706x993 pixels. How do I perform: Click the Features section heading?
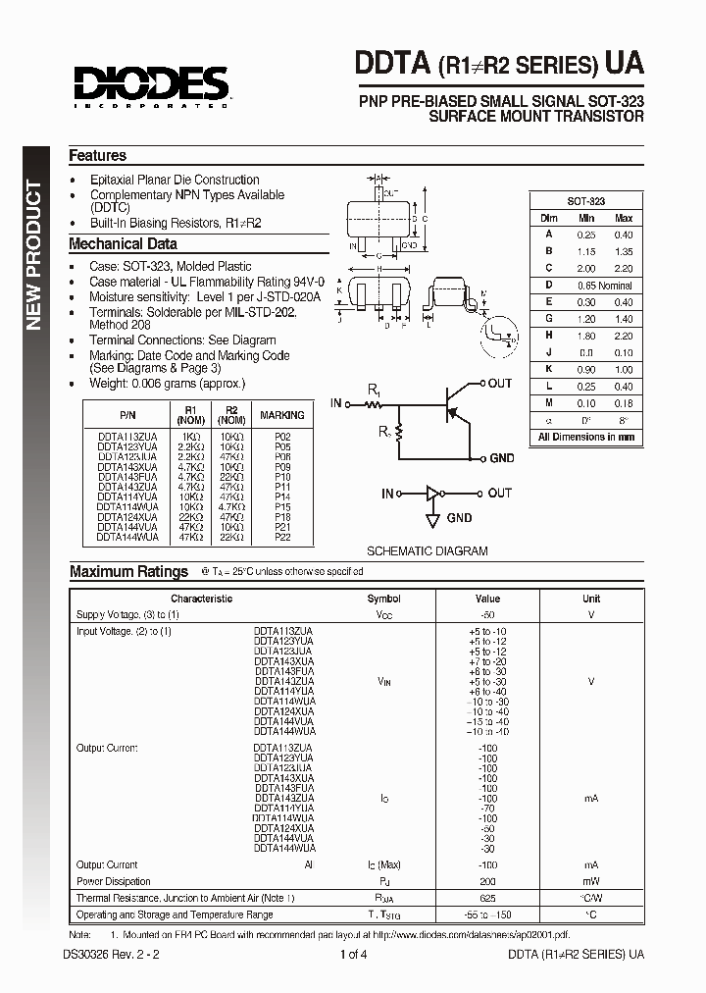tap(97, 156)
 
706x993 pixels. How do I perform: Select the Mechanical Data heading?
tap(123, 244)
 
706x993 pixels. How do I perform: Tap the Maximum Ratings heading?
tap(128, 571)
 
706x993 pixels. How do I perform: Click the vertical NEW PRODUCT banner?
tap(32, 255)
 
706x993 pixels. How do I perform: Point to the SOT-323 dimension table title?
tap(586, 199)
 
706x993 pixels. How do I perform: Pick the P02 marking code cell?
tap(282, 434)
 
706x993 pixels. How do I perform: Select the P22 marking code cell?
tap(282, 538)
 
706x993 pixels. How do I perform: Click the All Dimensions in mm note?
tap(586, 438)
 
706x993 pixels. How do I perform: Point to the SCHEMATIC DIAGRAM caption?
tap(427, 551)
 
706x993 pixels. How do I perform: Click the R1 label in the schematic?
tap(374, 391)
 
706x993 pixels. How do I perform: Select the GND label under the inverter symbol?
tap(460, 518)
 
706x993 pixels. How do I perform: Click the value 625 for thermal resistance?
tap(487, 898)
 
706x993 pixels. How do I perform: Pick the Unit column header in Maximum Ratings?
tap(591, 599)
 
